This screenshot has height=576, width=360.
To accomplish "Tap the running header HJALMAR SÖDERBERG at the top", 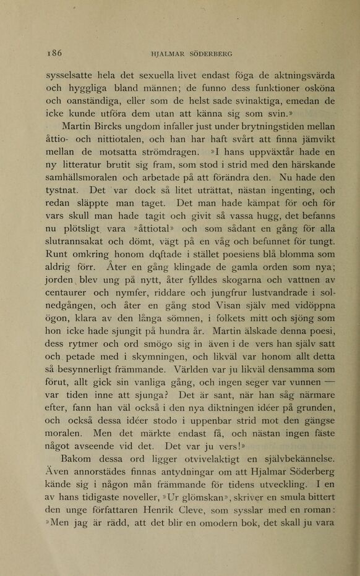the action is [192, 54].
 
